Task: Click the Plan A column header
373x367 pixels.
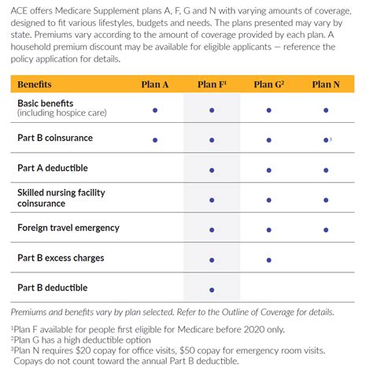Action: [155, 83]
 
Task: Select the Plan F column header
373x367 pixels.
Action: [212, 83]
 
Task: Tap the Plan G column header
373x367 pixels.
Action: [268, 83]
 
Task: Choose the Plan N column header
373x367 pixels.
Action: [324, 83]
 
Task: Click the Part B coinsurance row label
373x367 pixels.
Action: [55, 138]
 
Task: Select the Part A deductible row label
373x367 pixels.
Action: [53, 168]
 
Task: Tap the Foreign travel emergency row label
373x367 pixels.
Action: [68, 228]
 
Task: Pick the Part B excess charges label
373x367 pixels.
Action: [61, 258]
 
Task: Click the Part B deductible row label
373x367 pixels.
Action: [53, 287]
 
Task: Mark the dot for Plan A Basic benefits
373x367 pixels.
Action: [155, 110]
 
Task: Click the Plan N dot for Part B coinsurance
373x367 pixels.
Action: [324, 139]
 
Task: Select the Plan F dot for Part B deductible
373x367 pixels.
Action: [212, 289]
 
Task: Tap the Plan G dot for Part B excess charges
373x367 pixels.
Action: [268, 259]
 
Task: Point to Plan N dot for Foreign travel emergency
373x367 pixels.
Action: [324, 229]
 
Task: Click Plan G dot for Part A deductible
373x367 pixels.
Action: [268, 169]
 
